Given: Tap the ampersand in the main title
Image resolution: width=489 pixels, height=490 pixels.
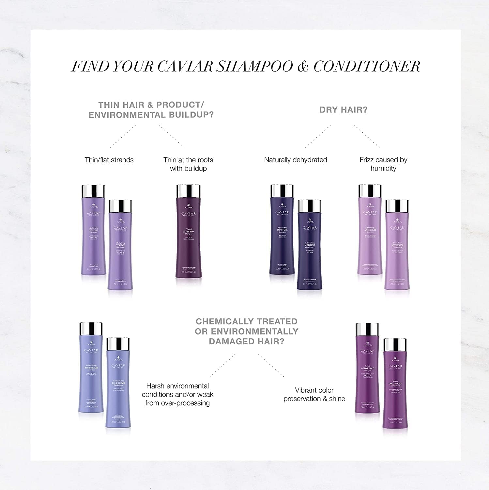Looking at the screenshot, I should (303, 66).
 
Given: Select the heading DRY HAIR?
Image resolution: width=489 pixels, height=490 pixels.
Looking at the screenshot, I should (343, 110).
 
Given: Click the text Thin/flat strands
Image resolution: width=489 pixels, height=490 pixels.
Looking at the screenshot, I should (109, 160).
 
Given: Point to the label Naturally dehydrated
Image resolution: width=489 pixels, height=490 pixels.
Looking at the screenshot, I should (296, 160).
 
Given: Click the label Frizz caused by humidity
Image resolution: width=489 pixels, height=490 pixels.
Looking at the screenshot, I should (383, 164).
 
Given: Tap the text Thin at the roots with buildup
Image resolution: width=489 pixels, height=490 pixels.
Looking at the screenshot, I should (188, 164).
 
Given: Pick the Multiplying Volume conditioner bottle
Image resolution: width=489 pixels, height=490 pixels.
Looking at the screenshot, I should (120, 252).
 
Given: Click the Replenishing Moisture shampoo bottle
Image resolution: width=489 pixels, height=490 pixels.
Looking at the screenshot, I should (282, 235).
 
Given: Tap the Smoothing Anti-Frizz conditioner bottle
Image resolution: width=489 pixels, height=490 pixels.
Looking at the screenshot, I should (397, 252).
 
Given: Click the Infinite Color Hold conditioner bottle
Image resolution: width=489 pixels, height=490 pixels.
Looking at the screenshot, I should (395, 389).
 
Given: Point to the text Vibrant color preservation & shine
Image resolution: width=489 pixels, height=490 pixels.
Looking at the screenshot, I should (314, 394).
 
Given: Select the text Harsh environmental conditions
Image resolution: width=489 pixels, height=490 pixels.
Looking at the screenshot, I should (177, 390).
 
